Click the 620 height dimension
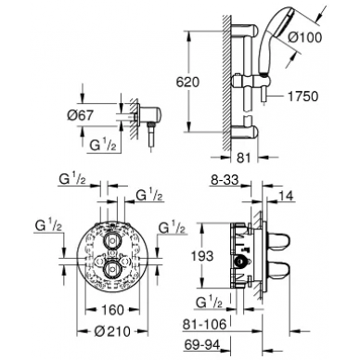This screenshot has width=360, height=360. (x=187, y=83)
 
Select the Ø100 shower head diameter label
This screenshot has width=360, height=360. (x=305, y=37)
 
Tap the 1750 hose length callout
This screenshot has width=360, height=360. (x=302, y=96)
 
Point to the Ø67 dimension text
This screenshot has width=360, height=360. (x=80, y=115)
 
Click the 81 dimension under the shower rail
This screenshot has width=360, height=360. (x=244, y=158)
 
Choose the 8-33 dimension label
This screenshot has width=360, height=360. (x=225, y=180)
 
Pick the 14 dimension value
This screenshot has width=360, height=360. (x=286, y=196)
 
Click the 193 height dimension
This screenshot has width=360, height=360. (x=202, y=256)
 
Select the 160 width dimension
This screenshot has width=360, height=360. (x=112, y=310)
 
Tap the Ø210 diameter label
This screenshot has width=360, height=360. (x=112, y=331)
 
